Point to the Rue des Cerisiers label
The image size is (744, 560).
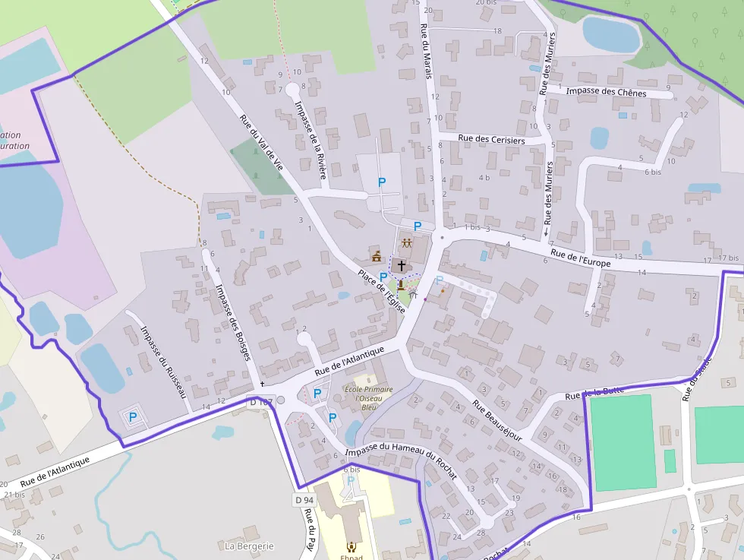click(492, 140)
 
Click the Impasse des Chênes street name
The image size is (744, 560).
click(607, 93)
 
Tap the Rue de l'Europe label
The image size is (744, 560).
click(581, 258)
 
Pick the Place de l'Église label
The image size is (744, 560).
click(382, 293)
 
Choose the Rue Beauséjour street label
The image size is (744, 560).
click(498, 420)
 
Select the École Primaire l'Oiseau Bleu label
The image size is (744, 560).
click(369, 397)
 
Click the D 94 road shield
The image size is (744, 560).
click(304, 500)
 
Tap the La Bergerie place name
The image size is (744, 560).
click(249, 546)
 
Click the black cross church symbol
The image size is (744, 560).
click(402, 265)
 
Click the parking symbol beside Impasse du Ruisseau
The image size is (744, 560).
click(133, 416)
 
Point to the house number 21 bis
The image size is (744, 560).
click(14, 494)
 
